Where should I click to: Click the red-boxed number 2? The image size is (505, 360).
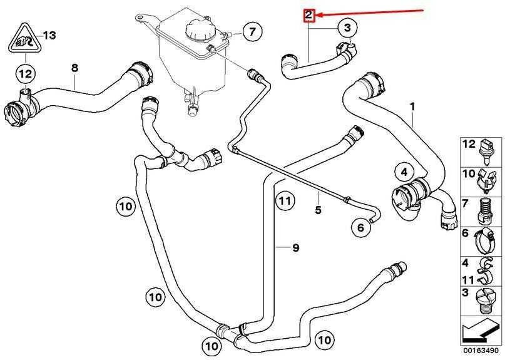pos(309,15)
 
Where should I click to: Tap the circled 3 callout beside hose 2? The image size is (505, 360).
pos(347,28)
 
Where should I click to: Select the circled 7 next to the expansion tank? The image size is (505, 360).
pos(253,31)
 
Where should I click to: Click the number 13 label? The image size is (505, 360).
pos(49,35)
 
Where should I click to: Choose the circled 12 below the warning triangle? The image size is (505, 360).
pos(26,74)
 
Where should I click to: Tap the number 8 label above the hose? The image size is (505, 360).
pos(74,68)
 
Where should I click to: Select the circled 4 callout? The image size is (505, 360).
pos(404,172)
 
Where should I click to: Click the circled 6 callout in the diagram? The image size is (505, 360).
pos(360,227)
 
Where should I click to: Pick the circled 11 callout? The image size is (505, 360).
pos(285,201)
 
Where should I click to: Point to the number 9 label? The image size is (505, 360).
pos(295,247)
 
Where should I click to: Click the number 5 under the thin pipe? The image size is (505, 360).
pos(318,210)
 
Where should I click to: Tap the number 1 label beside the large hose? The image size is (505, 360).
pos(412,106)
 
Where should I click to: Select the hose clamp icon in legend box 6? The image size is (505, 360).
pos(483,240)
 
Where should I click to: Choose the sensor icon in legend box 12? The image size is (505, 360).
pos(485,151)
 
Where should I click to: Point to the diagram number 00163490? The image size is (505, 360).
pos(481,351)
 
